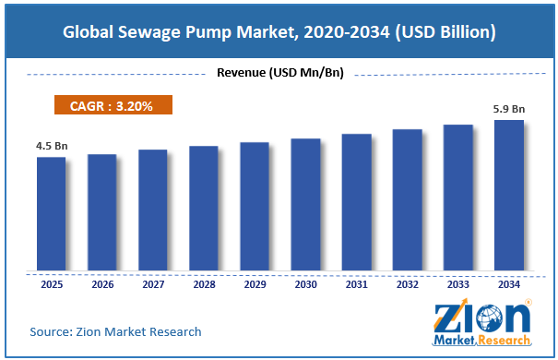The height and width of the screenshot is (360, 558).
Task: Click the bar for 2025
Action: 52,213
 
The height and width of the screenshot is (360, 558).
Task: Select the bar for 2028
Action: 204,208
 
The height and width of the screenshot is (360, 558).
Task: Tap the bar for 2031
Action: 357,202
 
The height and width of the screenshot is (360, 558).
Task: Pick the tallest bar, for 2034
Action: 509,195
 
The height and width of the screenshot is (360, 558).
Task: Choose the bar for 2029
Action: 255,206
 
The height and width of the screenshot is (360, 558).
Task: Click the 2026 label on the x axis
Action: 102,284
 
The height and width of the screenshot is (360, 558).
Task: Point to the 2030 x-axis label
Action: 305,284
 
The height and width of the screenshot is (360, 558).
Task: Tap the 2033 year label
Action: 458,284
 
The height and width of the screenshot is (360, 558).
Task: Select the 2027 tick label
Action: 153,284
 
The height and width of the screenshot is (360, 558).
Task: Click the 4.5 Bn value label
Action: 52,146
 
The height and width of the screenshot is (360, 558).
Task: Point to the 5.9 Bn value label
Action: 509,109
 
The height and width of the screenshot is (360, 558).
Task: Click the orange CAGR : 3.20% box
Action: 113,104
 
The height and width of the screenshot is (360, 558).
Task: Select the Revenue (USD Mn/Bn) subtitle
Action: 280,73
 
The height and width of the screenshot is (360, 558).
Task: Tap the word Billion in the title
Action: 464,31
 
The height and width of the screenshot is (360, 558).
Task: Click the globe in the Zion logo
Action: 490,318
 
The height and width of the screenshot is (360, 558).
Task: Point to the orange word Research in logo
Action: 504,340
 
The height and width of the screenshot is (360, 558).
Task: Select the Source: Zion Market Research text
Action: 115,332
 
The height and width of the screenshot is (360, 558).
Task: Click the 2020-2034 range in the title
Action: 347,32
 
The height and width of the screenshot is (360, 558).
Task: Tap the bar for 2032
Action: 407,199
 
